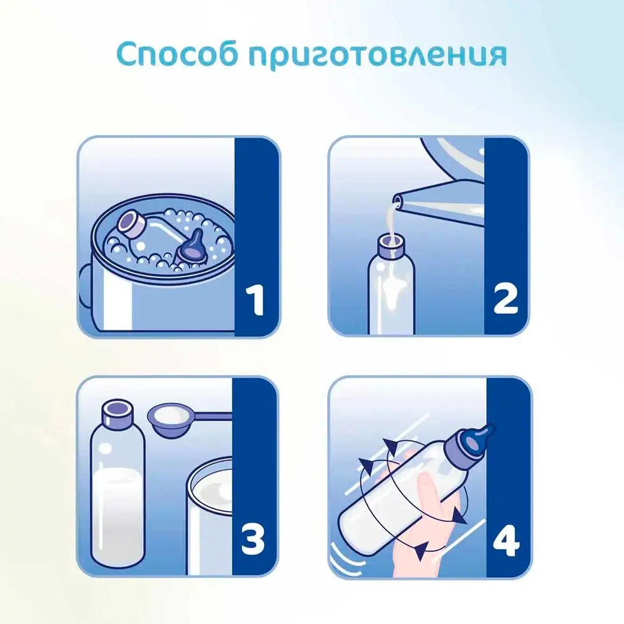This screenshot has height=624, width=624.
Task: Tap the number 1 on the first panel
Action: (256, 300)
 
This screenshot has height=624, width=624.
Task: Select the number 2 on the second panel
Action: (506, 300)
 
